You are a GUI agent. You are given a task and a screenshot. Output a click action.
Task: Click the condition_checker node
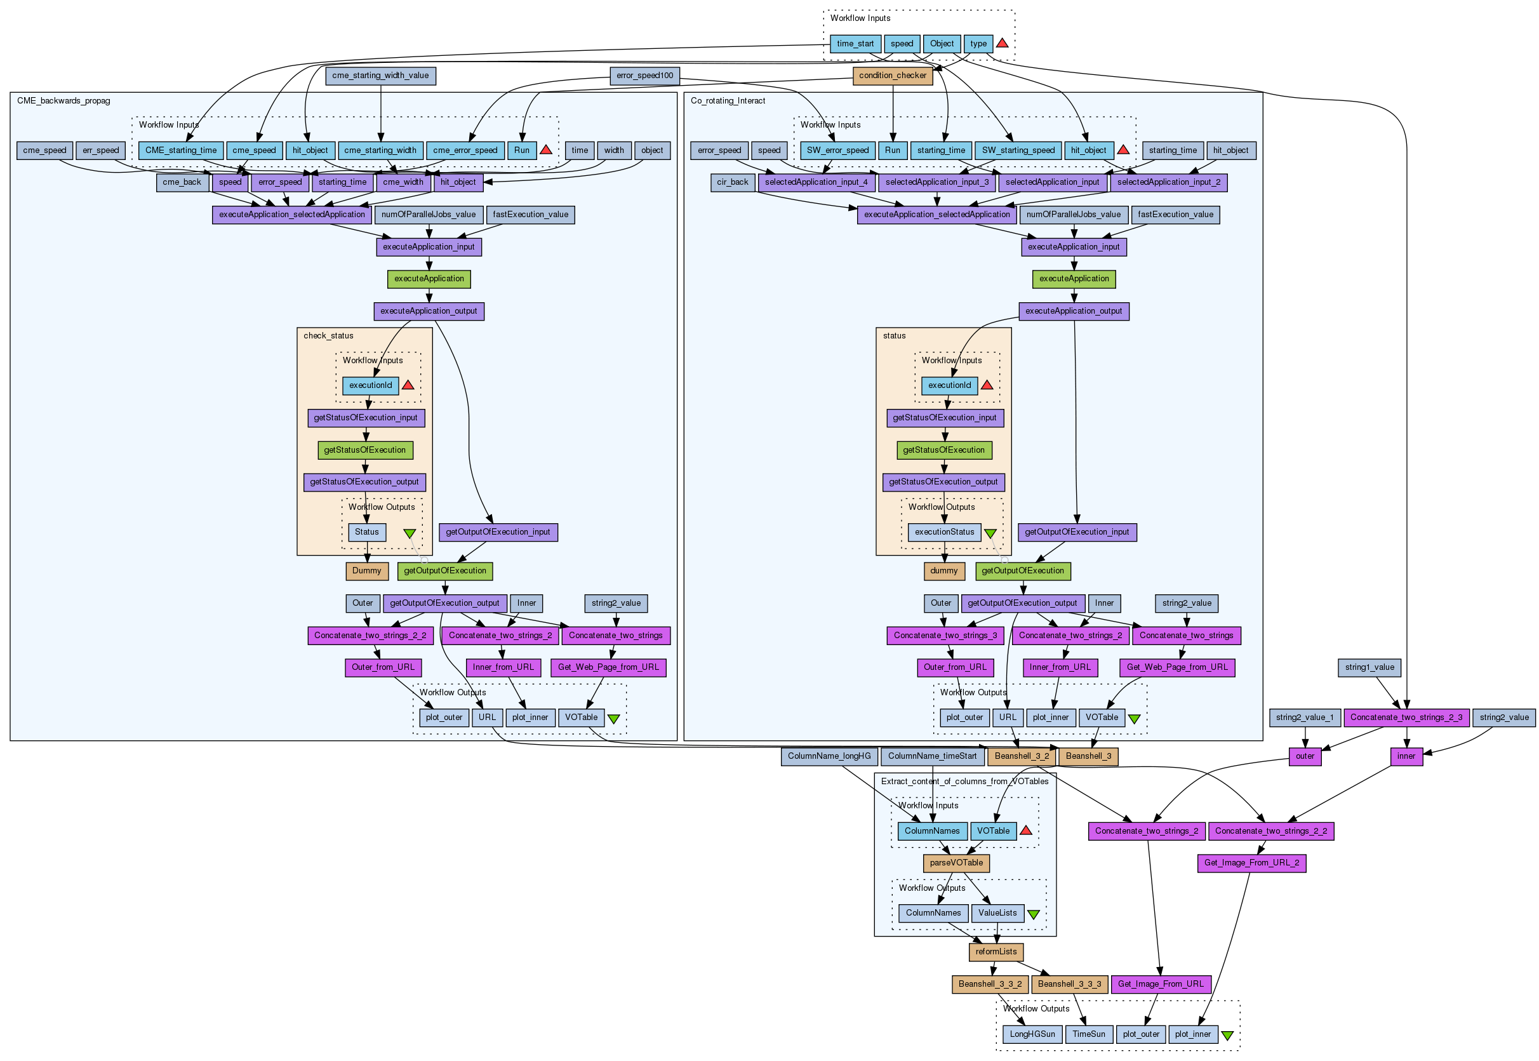(892, 76)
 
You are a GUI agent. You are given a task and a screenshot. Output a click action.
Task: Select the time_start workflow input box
(855, 44)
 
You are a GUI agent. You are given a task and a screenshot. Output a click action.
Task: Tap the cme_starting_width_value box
(380, 76)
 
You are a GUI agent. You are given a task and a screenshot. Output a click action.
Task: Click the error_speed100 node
(644, 76)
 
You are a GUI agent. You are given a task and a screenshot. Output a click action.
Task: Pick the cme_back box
(182, 182)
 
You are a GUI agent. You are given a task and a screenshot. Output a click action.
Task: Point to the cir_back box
(732, 182)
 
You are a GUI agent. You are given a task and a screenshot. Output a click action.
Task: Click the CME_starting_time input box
(181, 150)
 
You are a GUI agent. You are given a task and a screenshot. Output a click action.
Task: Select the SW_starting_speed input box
(1018, 150)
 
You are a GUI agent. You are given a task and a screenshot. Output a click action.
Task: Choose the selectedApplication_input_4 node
(816, 182)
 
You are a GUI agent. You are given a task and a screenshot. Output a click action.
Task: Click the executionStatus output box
(944, 533)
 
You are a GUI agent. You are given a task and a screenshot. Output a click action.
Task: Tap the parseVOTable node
(956, 864)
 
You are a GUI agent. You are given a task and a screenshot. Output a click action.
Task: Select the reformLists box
(995, 952)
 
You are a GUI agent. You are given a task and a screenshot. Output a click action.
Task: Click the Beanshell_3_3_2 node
(990, 985)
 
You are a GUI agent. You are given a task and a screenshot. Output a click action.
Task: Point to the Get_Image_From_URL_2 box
(1251, 864)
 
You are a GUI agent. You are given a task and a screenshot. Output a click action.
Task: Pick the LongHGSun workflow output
(1032, 1034)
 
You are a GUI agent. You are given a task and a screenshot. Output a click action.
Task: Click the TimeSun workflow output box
(1088, 1034)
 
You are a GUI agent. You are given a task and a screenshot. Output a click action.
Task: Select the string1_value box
(1369, 667)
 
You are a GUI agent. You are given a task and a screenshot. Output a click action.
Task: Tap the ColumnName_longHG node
(829, 756)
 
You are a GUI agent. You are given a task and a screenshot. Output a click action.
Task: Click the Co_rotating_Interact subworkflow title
(728, 101)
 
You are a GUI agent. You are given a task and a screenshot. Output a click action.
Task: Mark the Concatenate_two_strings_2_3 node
(1406, 718)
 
